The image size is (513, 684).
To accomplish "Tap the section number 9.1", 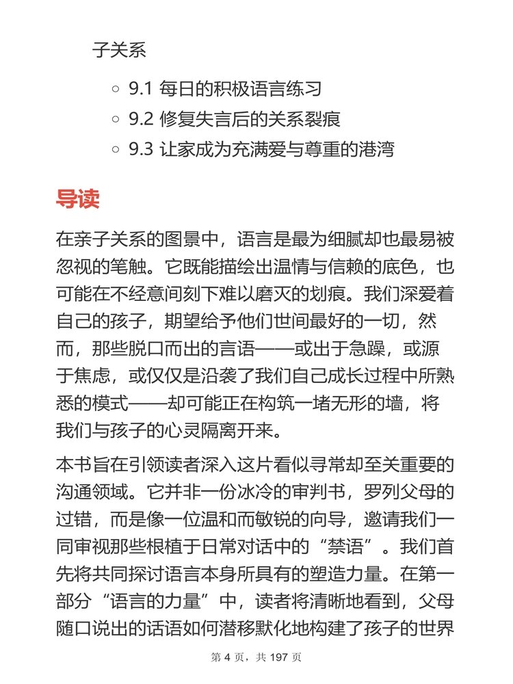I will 140,89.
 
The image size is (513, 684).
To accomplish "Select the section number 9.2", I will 141,119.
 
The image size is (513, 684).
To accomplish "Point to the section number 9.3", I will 141,149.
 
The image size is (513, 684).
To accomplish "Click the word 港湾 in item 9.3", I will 377,149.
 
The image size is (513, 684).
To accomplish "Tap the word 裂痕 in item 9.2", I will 323,119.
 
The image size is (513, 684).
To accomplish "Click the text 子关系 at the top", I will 119,51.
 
